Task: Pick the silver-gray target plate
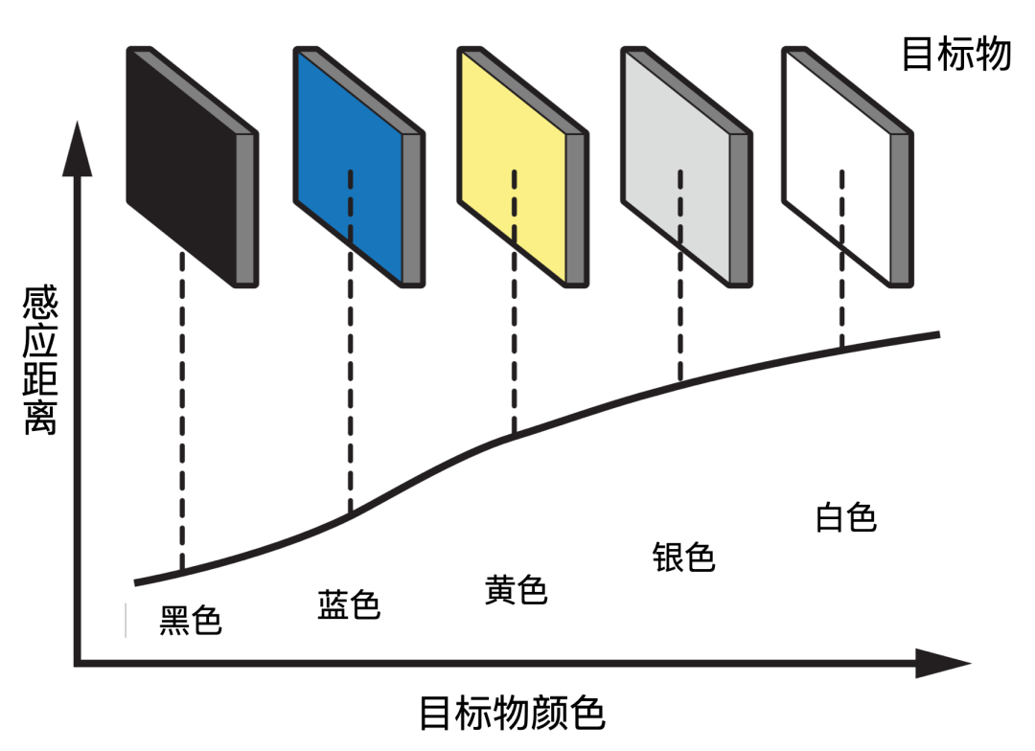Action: click(x=676, y=163)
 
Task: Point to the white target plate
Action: click(x=837, y=163)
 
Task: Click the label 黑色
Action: click(x=191, y=621)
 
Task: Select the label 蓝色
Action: click(x=349, y=604)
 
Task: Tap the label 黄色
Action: click(x=516, y=590)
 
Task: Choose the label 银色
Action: click(x=684, y=557)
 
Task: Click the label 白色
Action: click(x=846, y=517)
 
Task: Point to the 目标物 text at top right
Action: click(x=955, y=55)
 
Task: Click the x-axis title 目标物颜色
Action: click(x=513, y=715)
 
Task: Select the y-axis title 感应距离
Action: click(x=40, y=364)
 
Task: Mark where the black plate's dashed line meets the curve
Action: click(x=182, y=572)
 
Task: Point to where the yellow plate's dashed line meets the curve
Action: click(x=515, y=437)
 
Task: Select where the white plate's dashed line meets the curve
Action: click(x=842, y=348)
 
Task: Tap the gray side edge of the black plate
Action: click(x=246, y=209)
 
